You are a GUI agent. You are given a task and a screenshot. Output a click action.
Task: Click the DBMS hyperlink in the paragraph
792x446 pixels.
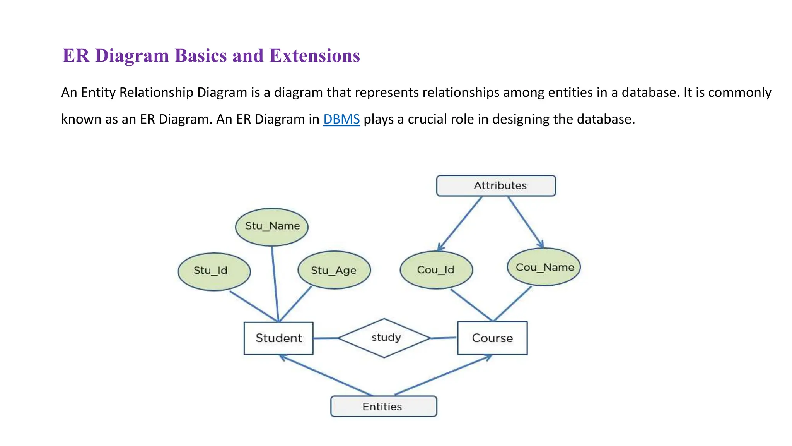click(x=341, y=119)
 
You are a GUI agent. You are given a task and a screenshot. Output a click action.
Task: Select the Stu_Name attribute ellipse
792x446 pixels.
click(x=272, y=227)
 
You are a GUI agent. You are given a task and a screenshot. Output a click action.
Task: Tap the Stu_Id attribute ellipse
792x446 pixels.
click(x=214, y=271)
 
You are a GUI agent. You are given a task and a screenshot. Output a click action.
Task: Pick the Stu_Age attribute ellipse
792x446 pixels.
click(x=334, y=270)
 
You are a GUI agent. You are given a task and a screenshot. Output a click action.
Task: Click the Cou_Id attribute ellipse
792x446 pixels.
click(x=436, y=270)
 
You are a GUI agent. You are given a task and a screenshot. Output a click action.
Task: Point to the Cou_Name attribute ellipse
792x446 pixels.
click(x=544, y=267)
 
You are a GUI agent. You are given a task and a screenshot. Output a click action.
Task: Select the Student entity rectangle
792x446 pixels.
click(x=278, y=338)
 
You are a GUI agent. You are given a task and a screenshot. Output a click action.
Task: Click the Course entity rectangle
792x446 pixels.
click(x=492, y=338)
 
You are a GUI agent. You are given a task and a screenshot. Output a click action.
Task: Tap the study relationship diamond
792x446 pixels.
click(x=384, y=338)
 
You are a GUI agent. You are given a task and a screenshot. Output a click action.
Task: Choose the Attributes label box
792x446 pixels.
click(x=496, y=185)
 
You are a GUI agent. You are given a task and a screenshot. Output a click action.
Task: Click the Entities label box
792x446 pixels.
click(x=384, y=407)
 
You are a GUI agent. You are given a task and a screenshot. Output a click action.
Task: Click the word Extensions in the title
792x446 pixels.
click(x=315, y=55)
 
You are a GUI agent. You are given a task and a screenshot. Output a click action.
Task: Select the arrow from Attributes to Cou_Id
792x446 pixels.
click(x=460, y=223)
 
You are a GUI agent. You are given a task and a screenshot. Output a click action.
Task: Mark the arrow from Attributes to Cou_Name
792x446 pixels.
click(x=526, y=222)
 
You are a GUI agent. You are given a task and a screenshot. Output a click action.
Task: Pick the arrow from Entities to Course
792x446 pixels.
click(x=443, y=375)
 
